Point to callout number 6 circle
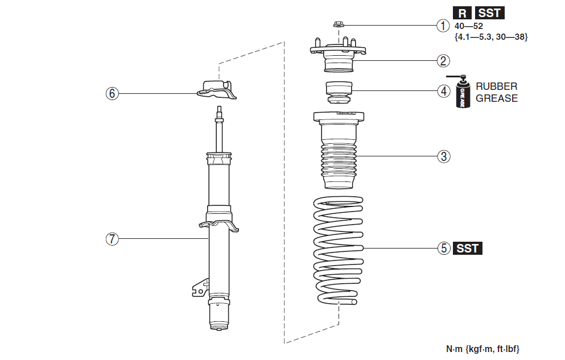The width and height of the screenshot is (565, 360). pyautogui.click(x=113, y=93)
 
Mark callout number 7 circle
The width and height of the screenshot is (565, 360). pyautogui.click(x=113, y=239)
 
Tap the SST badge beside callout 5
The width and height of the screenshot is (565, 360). pyautogui.click(x=467, y=249)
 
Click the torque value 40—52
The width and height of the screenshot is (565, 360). pyautogui.click(x=468, y=26)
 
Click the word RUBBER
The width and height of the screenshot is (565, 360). pyautogui.click(x=497, y=86)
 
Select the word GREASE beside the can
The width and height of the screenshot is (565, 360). pyautogui.click(x=497, y=98)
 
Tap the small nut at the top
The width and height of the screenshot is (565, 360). pyautogui.click(x=338, y=25)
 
